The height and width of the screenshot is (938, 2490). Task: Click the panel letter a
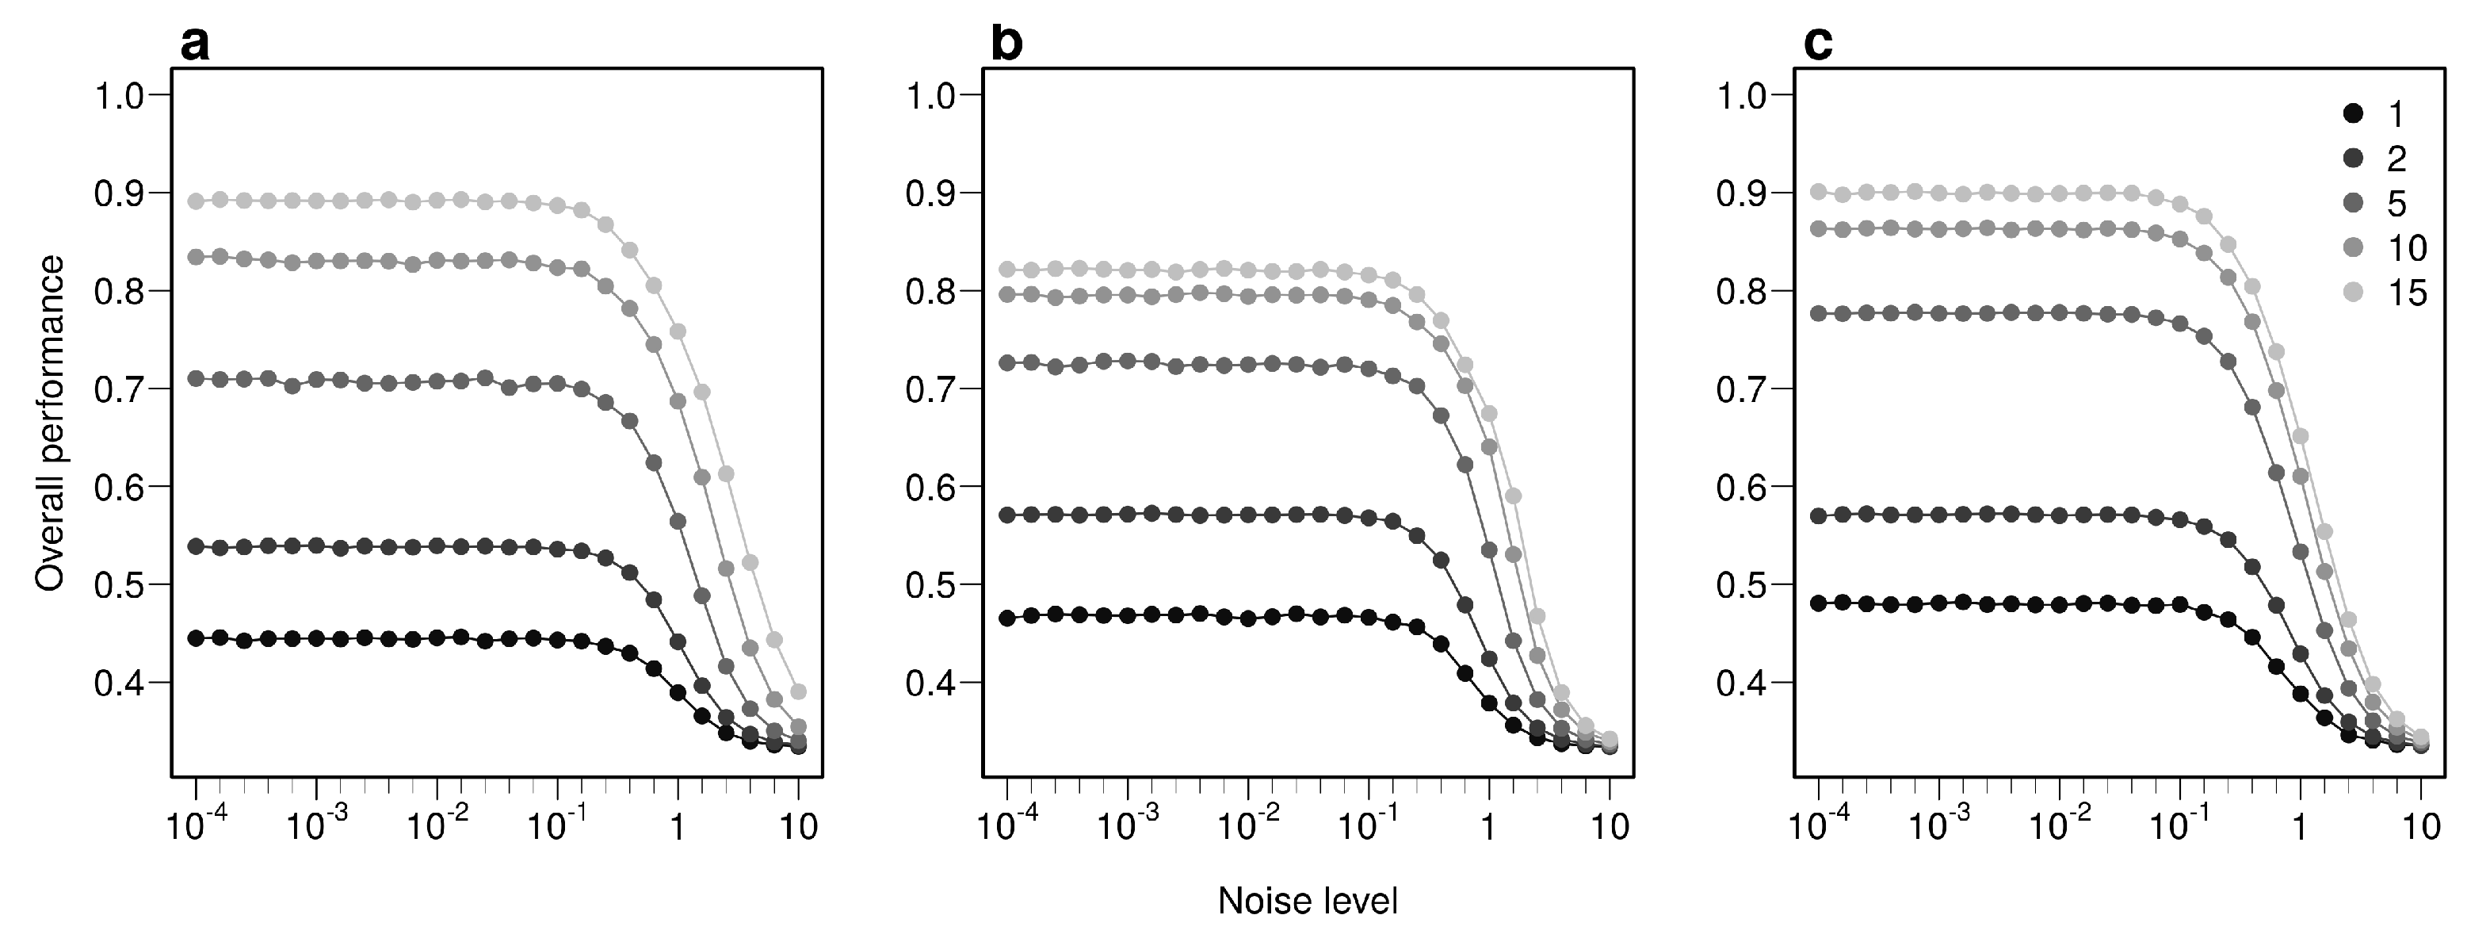point(194,44)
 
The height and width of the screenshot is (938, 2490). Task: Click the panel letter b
point(1006,44)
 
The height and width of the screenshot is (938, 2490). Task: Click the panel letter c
point(1817,44)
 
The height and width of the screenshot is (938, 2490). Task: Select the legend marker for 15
point(2354,292)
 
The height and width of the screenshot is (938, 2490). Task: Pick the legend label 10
point(2407,247)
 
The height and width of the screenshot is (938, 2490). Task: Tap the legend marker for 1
point(2354,114)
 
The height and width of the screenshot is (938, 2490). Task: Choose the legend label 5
point(2396,203)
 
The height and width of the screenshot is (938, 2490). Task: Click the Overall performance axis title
point(50,423)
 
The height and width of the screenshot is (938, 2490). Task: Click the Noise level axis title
point(1308,902)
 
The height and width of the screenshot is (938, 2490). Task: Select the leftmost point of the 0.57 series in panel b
point(1007,515)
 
